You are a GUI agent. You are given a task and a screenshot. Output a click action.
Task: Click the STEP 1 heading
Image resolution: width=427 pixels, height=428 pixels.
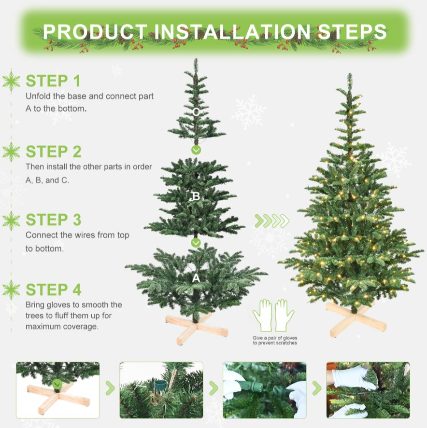(x=53, y=81)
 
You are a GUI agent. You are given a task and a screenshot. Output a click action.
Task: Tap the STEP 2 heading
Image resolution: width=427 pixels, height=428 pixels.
(x=54, y=152)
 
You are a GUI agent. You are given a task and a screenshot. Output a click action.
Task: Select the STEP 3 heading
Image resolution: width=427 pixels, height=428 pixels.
(x=54, y=220)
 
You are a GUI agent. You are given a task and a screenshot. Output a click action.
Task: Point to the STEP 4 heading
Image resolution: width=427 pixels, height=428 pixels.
(x=54, y=290)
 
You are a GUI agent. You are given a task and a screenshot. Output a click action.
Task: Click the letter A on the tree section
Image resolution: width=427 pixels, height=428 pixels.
(x=196, y=278)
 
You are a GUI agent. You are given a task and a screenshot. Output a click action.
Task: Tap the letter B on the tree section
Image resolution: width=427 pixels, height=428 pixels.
(x=196, y=196)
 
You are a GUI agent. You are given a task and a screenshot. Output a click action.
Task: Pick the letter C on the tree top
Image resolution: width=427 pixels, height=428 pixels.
(x=196, y=112)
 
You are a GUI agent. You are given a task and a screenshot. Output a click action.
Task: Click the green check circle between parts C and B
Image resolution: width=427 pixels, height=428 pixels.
(x=196, y=150)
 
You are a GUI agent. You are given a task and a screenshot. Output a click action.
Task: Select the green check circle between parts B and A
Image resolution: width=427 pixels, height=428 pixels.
(x=196, y=243)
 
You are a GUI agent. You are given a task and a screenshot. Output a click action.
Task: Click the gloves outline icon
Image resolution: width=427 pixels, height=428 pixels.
(x=273, y=316)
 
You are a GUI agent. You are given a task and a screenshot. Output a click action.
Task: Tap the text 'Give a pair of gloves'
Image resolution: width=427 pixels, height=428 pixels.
(x=275, y=338)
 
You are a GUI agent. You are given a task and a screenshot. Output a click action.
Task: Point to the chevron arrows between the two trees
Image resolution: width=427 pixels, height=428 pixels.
(x=272, y=221)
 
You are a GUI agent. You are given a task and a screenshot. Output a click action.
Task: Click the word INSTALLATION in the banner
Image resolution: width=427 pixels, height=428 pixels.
(x=232, y=32)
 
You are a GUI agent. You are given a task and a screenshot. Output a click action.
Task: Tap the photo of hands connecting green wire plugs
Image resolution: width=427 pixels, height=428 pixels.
(x=264, y=390)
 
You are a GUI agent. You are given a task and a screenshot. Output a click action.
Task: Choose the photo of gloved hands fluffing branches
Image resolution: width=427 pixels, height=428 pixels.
(x=368, y=390)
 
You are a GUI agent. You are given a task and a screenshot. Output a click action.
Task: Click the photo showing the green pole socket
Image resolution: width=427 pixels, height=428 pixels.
(x=161, y=390)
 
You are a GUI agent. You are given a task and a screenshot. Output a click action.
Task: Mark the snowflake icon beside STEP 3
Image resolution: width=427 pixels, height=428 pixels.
(x=11, y=221)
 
